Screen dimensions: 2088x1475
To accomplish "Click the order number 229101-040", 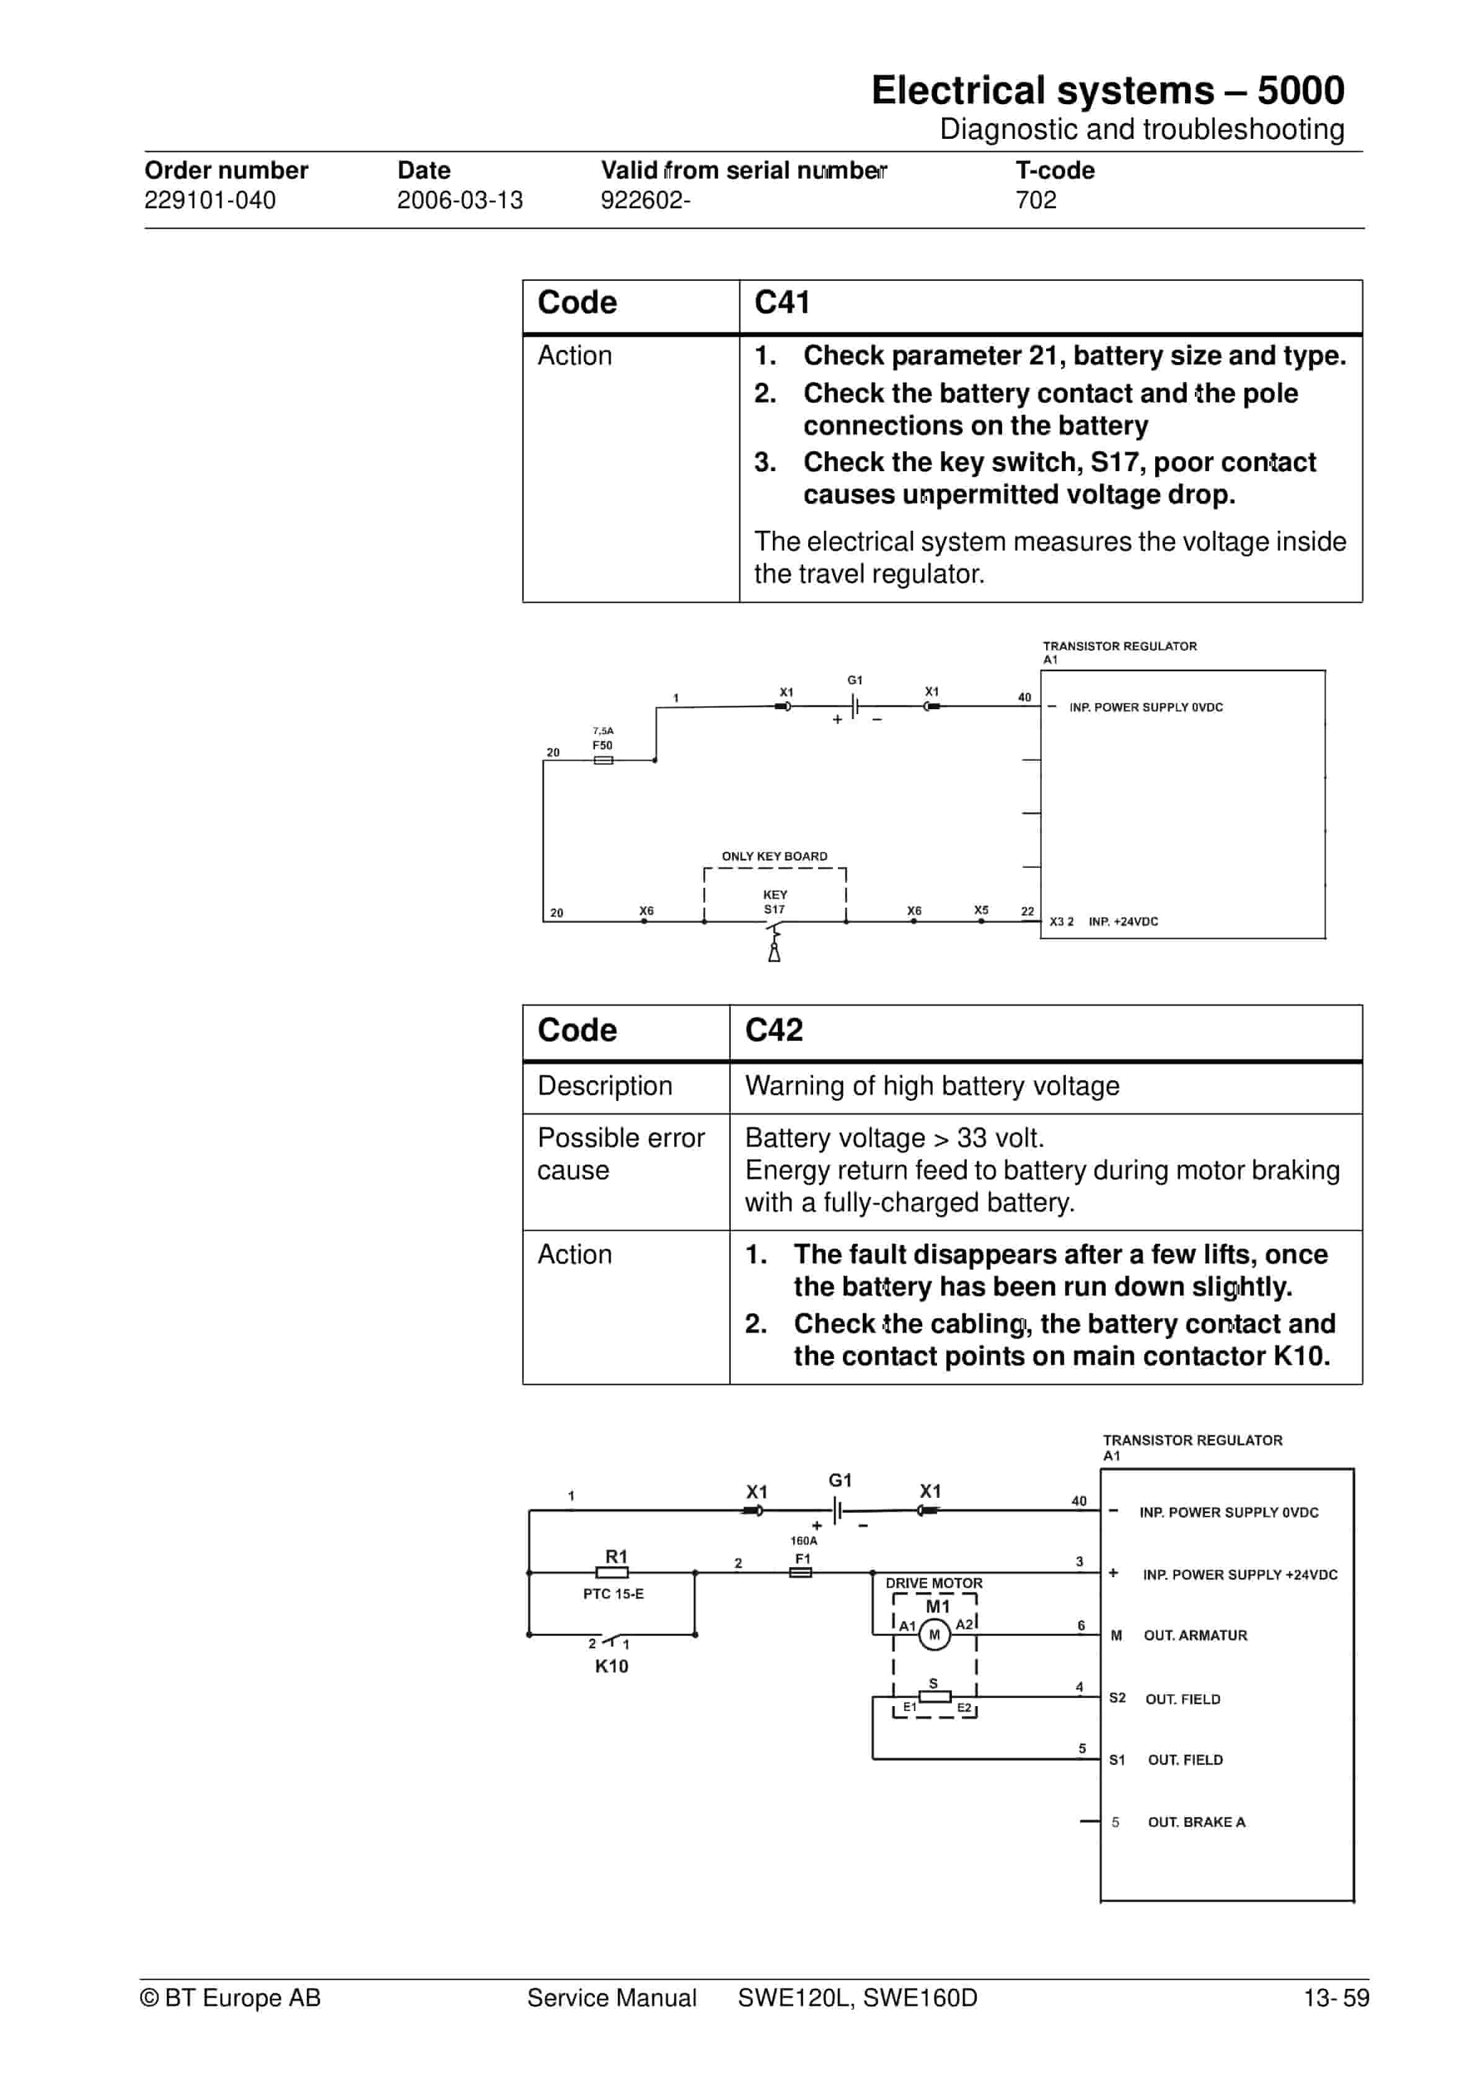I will (x=210, y=200).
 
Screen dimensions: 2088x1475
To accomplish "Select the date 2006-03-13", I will (x=459, y=200).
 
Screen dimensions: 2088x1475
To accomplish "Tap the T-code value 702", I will (x=1036, y=200).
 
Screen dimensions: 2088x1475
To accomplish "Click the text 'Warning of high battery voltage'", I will (x=931, y=1086).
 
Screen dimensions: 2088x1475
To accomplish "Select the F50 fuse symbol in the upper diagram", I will (x=603, y=760).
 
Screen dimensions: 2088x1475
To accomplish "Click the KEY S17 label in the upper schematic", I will (x=775, y=902).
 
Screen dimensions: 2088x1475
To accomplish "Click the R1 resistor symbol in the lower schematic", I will (x=612, y=1572).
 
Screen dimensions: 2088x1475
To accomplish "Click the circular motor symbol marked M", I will (x=934, y=1635).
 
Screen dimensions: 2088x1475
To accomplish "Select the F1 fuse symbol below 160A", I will (x=800, y=1572).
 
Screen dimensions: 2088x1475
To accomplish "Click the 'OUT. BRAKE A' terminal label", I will (x=1196, y=1823).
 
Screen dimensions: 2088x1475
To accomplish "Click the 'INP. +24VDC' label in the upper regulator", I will (x=1123, y=922).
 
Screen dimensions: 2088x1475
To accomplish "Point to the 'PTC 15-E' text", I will (x=613, y=1594).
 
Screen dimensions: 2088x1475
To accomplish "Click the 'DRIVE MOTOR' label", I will (x=934, y=1583).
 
